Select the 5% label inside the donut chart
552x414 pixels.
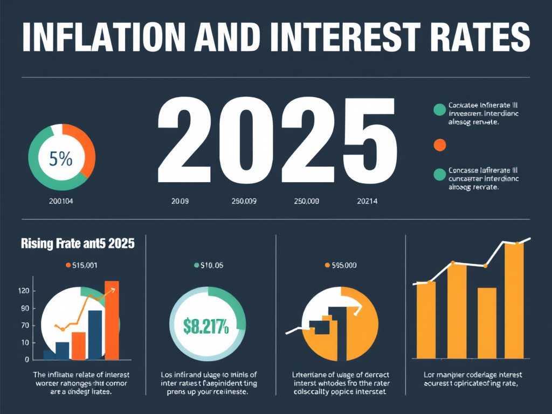point(61,160)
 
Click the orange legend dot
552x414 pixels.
point(439,144)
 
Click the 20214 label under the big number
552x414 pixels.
point(367,202)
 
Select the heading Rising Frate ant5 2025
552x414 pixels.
point(78,243)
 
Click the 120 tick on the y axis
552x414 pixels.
point(23,291)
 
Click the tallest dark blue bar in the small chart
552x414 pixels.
point(95,334)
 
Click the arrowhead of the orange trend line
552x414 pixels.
point(114,289)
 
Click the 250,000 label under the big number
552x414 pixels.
point(306,202)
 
